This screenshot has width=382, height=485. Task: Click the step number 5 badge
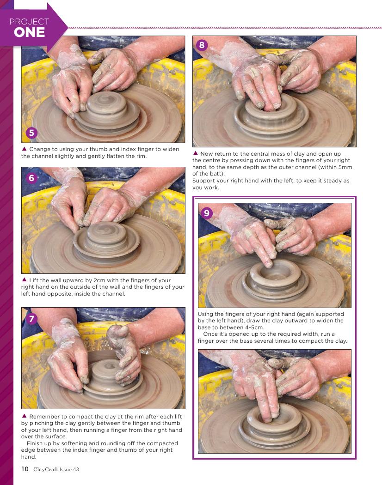click(31, 133)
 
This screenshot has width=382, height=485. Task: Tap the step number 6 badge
click(31, 178)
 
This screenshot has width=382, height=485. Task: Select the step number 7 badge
click(31, 319)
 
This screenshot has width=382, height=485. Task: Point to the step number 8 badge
click(202, 45)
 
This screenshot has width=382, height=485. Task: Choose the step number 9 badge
click(207, 213)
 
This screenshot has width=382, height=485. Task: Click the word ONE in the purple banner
click(29, 32)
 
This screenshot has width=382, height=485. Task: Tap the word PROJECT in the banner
click(29, 22)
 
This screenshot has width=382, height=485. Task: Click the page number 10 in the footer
click(25, 469)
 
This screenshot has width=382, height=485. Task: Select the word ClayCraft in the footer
click(45, 469)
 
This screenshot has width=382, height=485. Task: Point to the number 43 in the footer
click(76, 469)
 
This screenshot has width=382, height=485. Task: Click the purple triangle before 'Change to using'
click(24, 149)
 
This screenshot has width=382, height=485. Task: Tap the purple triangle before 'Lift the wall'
click(24, 279)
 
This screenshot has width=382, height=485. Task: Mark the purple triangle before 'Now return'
click(196, 153)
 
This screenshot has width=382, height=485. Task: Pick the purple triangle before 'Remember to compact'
click(24, 416)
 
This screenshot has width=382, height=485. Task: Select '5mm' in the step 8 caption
click(345, 167)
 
